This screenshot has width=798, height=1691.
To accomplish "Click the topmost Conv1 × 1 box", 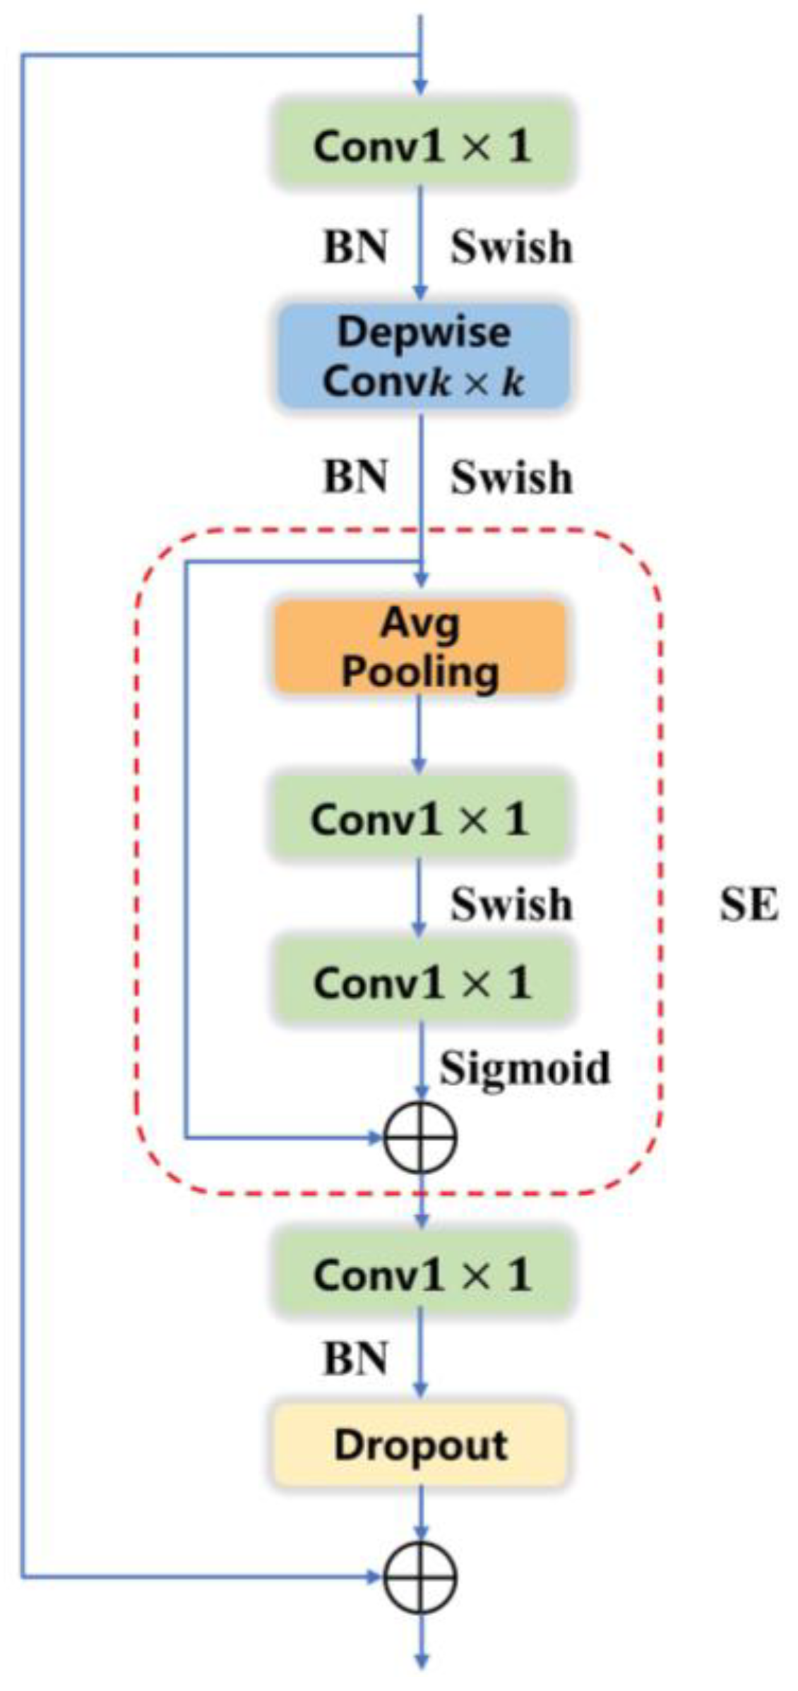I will pos(422,146).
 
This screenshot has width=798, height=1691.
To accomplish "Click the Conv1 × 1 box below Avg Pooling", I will pos(419,819).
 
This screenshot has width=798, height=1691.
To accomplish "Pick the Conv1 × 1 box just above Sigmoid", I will pos(422,982).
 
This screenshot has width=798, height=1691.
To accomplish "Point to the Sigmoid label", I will pos(525,1068).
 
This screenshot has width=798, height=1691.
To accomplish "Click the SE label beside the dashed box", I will pos(749,905).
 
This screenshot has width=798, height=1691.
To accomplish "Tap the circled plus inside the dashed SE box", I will pos(420,1137).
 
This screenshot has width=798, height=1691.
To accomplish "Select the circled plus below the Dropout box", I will pos(420,1577).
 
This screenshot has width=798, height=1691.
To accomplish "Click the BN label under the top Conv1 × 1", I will pos(355,248).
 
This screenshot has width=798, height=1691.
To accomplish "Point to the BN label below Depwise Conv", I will pos(355,477).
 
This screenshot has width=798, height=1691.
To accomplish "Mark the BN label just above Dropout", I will pos(355,1358).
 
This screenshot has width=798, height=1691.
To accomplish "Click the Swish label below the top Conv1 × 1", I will pos(511,248).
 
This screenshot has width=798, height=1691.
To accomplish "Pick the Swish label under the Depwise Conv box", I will pos(511,478).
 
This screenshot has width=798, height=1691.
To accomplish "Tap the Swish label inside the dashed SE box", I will pos(511,904).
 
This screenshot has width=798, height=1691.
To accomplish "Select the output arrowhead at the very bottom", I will pos(421,1662).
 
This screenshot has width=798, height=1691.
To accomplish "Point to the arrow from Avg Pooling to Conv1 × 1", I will pos(419,734).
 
